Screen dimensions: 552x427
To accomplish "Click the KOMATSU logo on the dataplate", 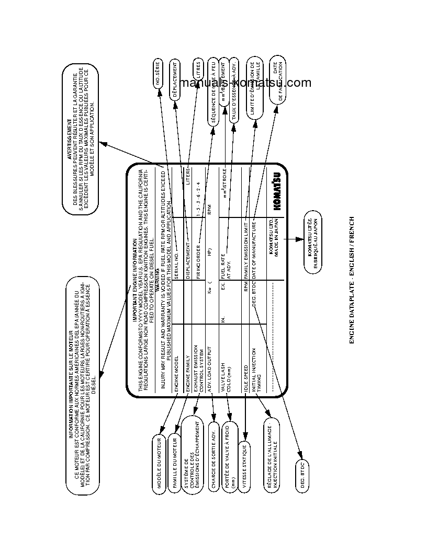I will click(x=276, y=192).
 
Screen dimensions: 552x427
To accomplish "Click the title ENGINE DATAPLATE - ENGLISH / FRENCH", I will click(x=352, y=280).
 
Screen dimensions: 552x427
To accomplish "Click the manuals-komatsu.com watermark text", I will click(x=244, y=83).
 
